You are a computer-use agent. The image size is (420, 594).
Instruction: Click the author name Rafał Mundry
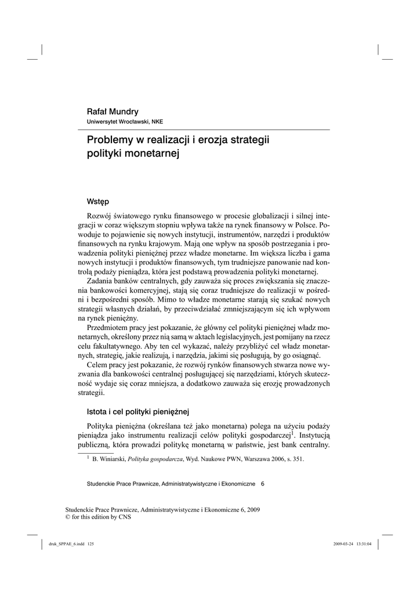pyautogui.click(x=113, y=111)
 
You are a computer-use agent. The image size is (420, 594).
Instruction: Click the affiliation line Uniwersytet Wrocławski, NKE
pyautogui.click(x=124, y=122)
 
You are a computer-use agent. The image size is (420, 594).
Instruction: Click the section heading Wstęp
pyautogui.click(x=98, y=202)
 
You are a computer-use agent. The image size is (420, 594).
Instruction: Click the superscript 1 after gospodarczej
pyautogui.click(x=292, y=433)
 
